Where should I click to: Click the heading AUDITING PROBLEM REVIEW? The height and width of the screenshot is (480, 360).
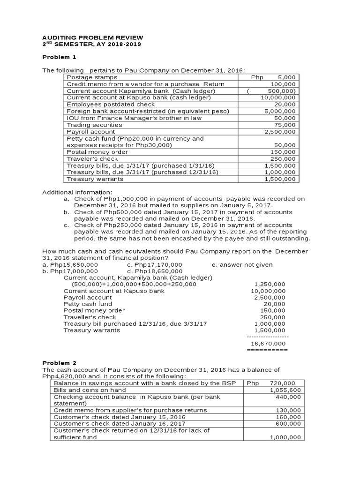[93, 37]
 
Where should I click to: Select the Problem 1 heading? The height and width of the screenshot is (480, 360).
[59, 57]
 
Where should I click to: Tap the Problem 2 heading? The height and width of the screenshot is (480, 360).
[59, 363]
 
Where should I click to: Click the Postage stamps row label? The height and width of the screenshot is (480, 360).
[92, 77]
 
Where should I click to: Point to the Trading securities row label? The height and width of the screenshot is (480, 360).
[94, 125]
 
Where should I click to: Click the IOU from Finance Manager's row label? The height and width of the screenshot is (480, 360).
[134, 118]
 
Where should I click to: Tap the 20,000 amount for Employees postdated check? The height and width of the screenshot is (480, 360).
[285, 105]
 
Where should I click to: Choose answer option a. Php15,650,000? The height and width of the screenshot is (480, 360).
[70, 264]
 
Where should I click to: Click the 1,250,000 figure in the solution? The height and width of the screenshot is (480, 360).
[270, 284]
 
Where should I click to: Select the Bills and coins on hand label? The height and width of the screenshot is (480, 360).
[90, 390]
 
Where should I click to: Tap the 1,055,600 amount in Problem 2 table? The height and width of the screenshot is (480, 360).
[286, 390]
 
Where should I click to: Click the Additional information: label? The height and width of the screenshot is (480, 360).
[77, 192]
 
